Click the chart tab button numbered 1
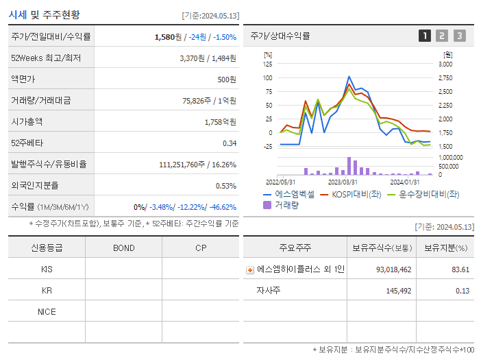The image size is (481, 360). point(425,36)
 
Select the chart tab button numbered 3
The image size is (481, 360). point(459,36)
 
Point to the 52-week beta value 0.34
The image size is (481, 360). point(229,143)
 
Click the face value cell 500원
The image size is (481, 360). point(227,80)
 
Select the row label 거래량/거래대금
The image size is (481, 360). point(41,101)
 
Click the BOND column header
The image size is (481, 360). point(123,248)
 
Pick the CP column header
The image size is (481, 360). point(201,248)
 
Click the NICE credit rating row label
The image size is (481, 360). point(47,311)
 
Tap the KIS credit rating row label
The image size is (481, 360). point(47,269)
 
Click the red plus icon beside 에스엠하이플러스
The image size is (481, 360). point(250,270)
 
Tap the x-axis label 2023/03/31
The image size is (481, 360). point(343,182)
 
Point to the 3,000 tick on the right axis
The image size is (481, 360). point(445,64)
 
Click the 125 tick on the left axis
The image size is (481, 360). point(267,64)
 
